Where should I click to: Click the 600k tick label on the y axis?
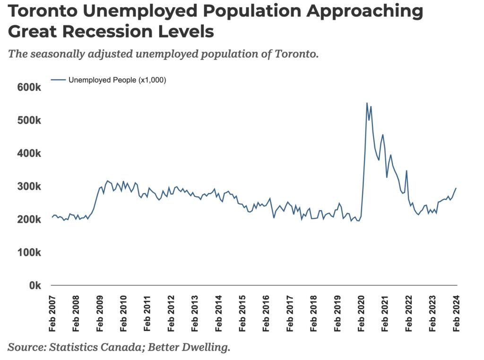[x=30, y=87]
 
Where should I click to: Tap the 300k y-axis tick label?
[x=30, y=187]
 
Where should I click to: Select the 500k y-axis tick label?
[x=30, y=120]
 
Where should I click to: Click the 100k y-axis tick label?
[x=30, y=253]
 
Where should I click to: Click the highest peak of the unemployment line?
[x=367, y=103]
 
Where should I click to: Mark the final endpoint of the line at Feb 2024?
[x=456, y=188]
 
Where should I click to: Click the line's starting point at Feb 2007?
[x=52, y=217]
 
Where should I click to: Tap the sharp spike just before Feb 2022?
[x=406, y=171]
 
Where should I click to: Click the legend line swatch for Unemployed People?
[x=58, y=80]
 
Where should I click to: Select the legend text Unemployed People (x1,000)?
[x=117, y=80]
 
